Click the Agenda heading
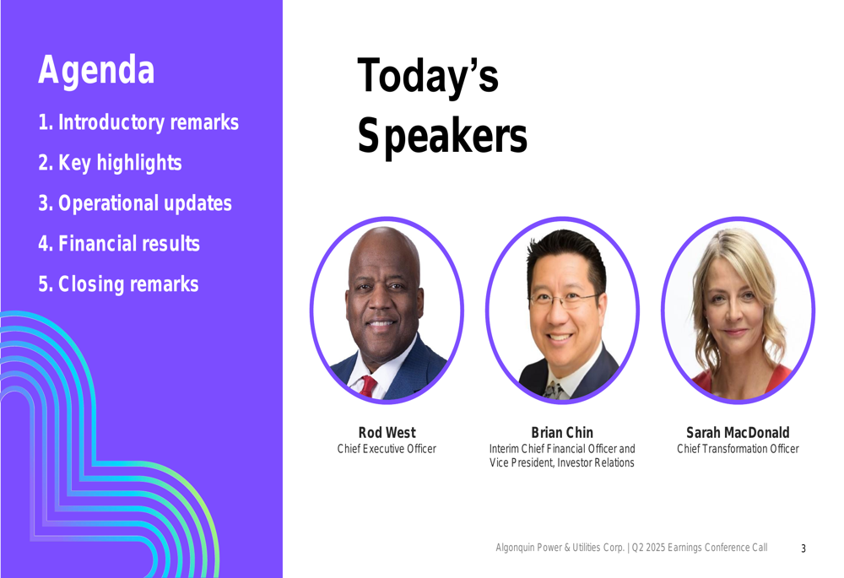tap(96, 70)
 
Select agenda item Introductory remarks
tap(138, 122)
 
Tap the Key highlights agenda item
tap(110, 163)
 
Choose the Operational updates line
tap(134, 203)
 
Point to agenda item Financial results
tap(119, 243)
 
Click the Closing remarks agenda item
tap(118, 284)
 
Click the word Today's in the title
tap(428, 76)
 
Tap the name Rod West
tap(387, 433)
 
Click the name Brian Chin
tap(562, 433)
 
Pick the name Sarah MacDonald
tap(738, 433)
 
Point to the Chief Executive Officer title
tap(387, 449)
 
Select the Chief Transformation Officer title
tap(738, 449)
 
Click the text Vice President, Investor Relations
tap(562, 463)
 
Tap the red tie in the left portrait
tap(368, 386)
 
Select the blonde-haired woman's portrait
tap(738, 310)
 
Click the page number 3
tap(803, 548)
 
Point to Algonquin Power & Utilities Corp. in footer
tap(560, 548)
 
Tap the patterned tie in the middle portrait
tap(554, 390)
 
